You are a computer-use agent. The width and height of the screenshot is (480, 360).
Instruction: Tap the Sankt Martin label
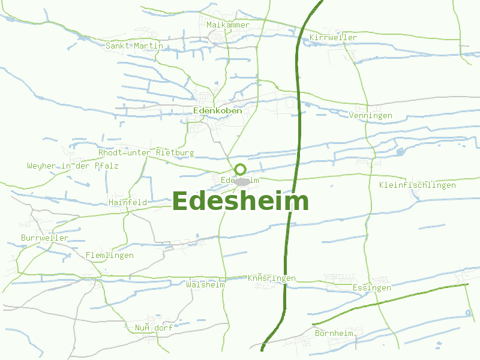pyautogui.click(x=134, y=46)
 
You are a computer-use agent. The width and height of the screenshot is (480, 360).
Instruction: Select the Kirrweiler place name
pyautogui.click(x=334, y=38)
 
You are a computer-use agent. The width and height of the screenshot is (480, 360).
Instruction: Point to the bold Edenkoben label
pyautogui.click(x=218, y=111)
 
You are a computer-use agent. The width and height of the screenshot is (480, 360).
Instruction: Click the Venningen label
pyautogui.click(x=370, y=115)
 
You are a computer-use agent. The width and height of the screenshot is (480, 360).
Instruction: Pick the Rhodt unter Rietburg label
pyautogui.click(x=146, y=153)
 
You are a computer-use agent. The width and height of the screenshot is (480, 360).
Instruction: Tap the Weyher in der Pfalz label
pyautogui.click(x=73, y=166)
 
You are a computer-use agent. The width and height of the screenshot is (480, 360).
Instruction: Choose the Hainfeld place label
pyautogui.click(x=128, y=203)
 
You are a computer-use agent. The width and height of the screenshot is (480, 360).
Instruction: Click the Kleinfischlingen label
pyautogui.click(x=418, y=185)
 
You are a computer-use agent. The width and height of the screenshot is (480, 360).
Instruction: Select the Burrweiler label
pyautogui.click(x=45, y=238)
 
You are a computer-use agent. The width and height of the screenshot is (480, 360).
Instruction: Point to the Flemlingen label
pyautogui.click(x=110, y=256)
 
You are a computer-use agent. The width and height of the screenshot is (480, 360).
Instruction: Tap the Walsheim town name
pyautogui.click(x=206, y=284)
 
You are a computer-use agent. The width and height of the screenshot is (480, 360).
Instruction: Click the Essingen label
pyautogui.click(x=372, y=288)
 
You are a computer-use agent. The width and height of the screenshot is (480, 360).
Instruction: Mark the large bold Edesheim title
pyautogui.click(x=241, y=202)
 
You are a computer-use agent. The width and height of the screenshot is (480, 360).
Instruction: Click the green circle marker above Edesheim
pyautogui.click(x=241, y=169)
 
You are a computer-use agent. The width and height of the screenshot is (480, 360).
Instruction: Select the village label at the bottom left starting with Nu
pyautogui.click(x=154, y=328)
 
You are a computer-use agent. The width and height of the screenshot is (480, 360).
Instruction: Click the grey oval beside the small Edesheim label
pyautogui.click(x=242, y=181)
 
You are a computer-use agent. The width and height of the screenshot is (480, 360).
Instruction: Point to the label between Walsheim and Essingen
pyautogui.click(x=272, y=278)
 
